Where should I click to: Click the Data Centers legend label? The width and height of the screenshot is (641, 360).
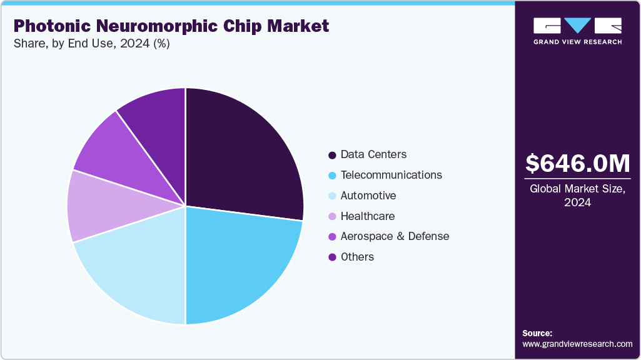pos(373,154)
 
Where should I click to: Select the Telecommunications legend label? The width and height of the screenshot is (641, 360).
pos(391,175)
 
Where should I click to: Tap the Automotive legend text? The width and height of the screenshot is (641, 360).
pos(368,196)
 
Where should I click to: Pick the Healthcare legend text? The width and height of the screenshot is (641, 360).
pos(367,216)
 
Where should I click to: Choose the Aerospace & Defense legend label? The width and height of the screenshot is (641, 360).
pos(395,236)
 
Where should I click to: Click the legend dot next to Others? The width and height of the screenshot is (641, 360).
pos(332,257)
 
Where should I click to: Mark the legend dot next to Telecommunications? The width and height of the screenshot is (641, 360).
pos(332,175)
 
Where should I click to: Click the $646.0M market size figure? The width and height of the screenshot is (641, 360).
pos(577,164)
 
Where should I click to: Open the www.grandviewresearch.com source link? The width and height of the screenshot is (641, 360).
pos(577,344)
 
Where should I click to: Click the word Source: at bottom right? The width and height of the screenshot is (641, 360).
pos(537,333)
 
